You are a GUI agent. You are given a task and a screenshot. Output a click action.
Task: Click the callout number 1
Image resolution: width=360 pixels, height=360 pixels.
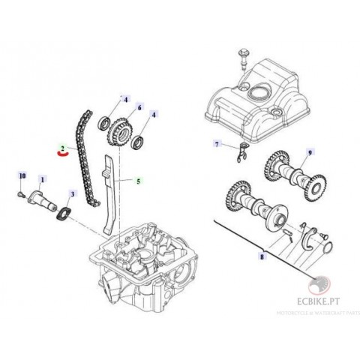click(42, 179)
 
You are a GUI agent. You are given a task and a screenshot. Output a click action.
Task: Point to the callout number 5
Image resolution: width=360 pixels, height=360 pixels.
click(138, 181)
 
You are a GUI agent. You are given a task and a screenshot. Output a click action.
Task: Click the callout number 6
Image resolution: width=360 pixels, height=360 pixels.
click(139, 108)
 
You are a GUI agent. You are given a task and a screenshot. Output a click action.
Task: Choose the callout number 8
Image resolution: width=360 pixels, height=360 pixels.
click(261, 256)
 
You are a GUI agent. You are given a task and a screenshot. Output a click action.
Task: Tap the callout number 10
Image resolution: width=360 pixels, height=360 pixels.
click(22, 175)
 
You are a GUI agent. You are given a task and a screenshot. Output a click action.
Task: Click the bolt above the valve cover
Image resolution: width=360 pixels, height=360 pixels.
click(245, 55)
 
